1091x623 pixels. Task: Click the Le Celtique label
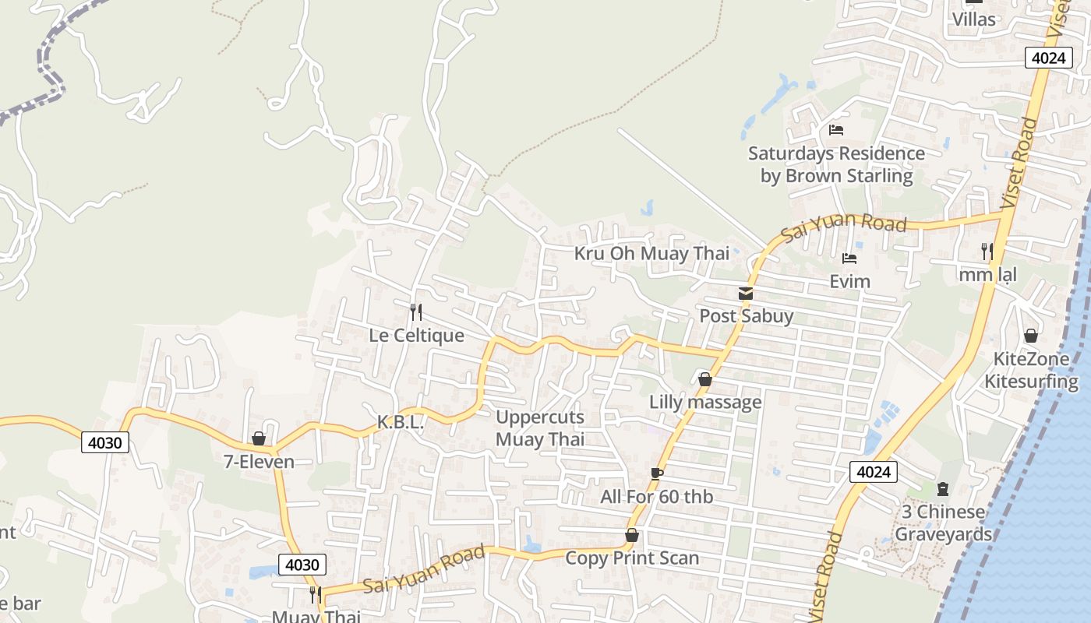click(416, 336)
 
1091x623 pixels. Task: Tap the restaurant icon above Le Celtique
click(416, 312)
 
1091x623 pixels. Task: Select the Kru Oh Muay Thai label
click(651, 253)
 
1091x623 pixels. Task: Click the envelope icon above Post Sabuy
click(746, 294)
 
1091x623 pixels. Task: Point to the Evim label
click(849, 281)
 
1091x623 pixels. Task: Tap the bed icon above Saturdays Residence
click(836, 130)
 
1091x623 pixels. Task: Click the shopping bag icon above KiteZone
click(1031, 336)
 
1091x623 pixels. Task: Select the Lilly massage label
click(705, 402)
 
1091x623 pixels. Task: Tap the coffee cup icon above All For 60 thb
click(657, 473)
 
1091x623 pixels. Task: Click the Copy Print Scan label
click(632, 558)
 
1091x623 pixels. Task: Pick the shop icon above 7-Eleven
click(259, 439)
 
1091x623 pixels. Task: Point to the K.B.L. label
click(401, 423)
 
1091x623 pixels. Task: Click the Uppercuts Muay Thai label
click(540, 428)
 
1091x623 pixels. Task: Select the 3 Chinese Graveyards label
click(943, 523)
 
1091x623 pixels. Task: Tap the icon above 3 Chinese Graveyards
click(943, 489)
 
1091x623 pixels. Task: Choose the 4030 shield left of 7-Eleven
click(105, 443)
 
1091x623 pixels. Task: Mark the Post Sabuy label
click(746, 316)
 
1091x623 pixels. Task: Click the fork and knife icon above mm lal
click(987, 251)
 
